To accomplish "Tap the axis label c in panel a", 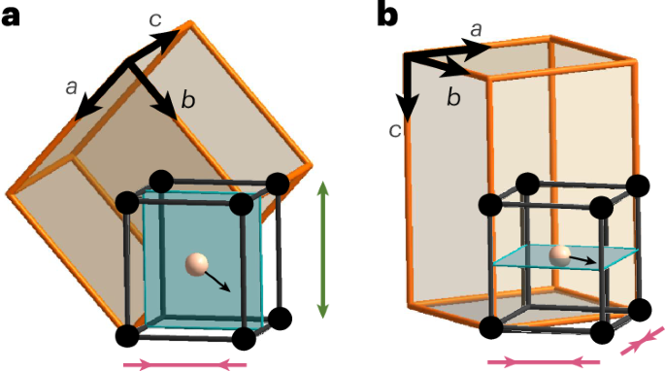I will (155, 17).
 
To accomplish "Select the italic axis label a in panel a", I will (71, 87).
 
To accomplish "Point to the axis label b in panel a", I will (188, 98).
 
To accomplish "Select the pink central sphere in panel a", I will (196, 262).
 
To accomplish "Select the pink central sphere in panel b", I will (558, 254).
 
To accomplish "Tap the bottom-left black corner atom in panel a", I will (127, 335).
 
